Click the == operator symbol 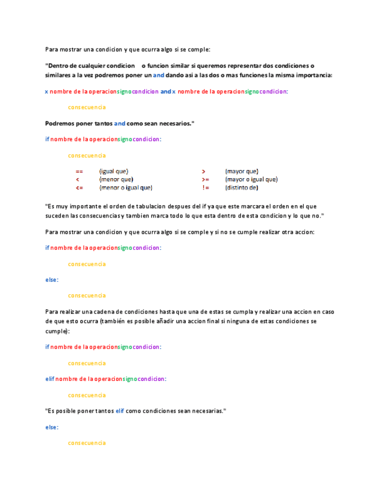79,171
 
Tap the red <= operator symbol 79,188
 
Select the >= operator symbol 205,179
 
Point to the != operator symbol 205,188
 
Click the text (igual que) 114,171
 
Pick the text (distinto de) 242,188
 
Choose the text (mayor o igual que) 252,179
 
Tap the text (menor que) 116,179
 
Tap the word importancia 314,75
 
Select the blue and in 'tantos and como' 120,123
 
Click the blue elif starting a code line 50,379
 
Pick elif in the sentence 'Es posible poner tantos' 120,411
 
